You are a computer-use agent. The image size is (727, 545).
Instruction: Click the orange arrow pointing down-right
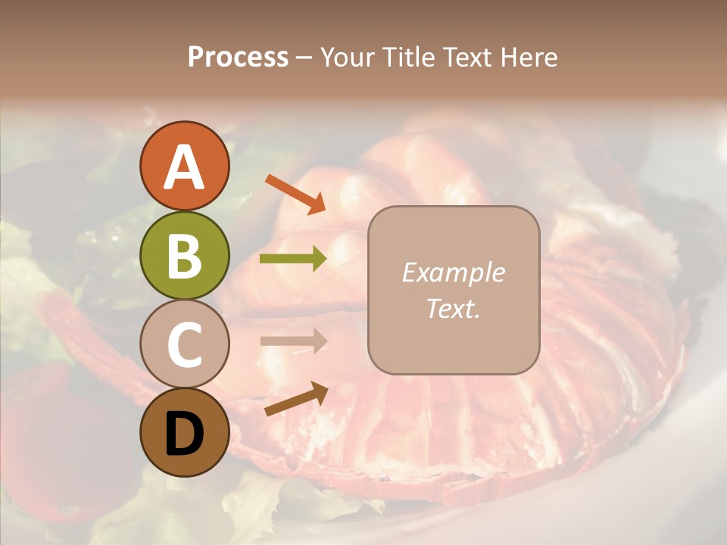[295, 193]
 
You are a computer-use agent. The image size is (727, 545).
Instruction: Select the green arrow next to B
[293, 259]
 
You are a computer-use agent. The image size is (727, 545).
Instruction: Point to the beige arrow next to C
[293, 341]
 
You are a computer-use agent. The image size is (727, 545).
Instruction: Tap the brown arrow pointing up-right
[296, 398]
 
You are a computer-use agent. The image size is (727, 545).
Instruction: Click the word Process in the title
[238, 58]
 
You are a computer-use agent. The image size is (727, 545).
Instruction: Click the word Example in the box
[453, 272]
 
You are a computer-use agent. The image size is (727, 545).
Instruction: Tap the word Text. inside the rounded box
[453, 309]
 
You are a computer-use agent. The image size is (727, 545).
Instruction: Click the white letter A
[184, 167]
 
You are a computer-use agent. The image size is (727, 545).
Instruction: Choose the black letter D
[184, 433]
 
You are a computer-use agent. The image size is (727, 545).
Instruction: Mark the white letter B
[184, 255]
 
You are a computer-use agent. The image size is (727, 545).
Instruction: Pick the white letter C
[184, 344]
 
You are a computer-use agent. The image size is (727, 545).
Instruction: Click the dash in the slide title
[304, 58]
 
